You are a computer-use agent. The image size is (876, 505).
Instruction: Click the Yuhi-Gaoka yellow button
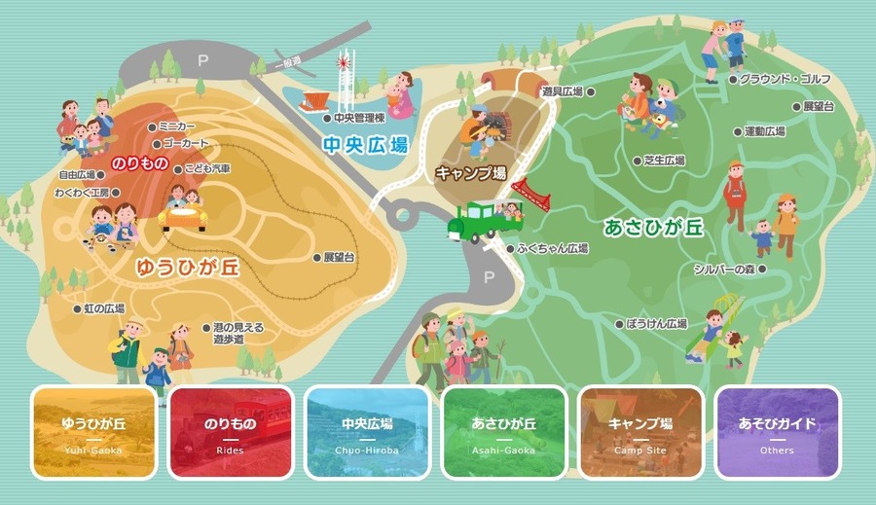pyautogui.click(x=93, y=432)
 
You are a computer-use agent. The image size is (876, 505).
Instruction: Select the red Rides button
pyautogui.click(x=231, y=432)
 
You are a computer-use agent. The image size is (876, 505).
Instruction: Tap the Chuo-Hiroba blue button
pyautogui.click(x=367, y=432)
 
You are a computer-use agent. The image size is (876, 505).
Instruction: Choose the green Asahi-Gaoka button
pyautogui.click(x=504, y=432)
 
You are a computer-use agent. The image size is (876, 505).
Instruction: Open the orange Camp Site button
pyautogui.click(x=640, y=432)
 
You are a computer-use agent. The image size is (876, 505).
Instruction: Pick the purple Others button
pyautogui.click(x=777, y=432)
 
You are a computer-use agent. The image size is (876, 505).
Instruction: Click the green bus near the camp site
pyautogui.click(x=474, y=221)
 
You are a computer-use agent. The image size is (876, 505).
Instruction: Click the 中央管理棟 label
pyautogui.click(x=357, y=119)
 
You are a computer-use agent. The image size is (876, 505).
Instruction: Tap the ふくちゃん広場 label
pyautogui.click(x=553, y=249)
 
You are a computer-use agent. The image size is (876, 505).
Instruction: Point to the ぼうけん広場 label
pyautogui.click(x=657, y=323)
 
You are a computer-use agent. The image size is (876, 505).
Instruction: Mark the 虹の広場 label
pyautogui.click(x=103, y=308)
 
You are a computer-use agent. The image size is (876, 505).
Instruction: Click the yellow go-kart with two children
pyautogui.click(x=183, y=212)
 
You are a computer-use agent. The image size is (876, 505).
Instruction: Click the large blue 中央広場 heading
pyautogui.click(x=365, y=145)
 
